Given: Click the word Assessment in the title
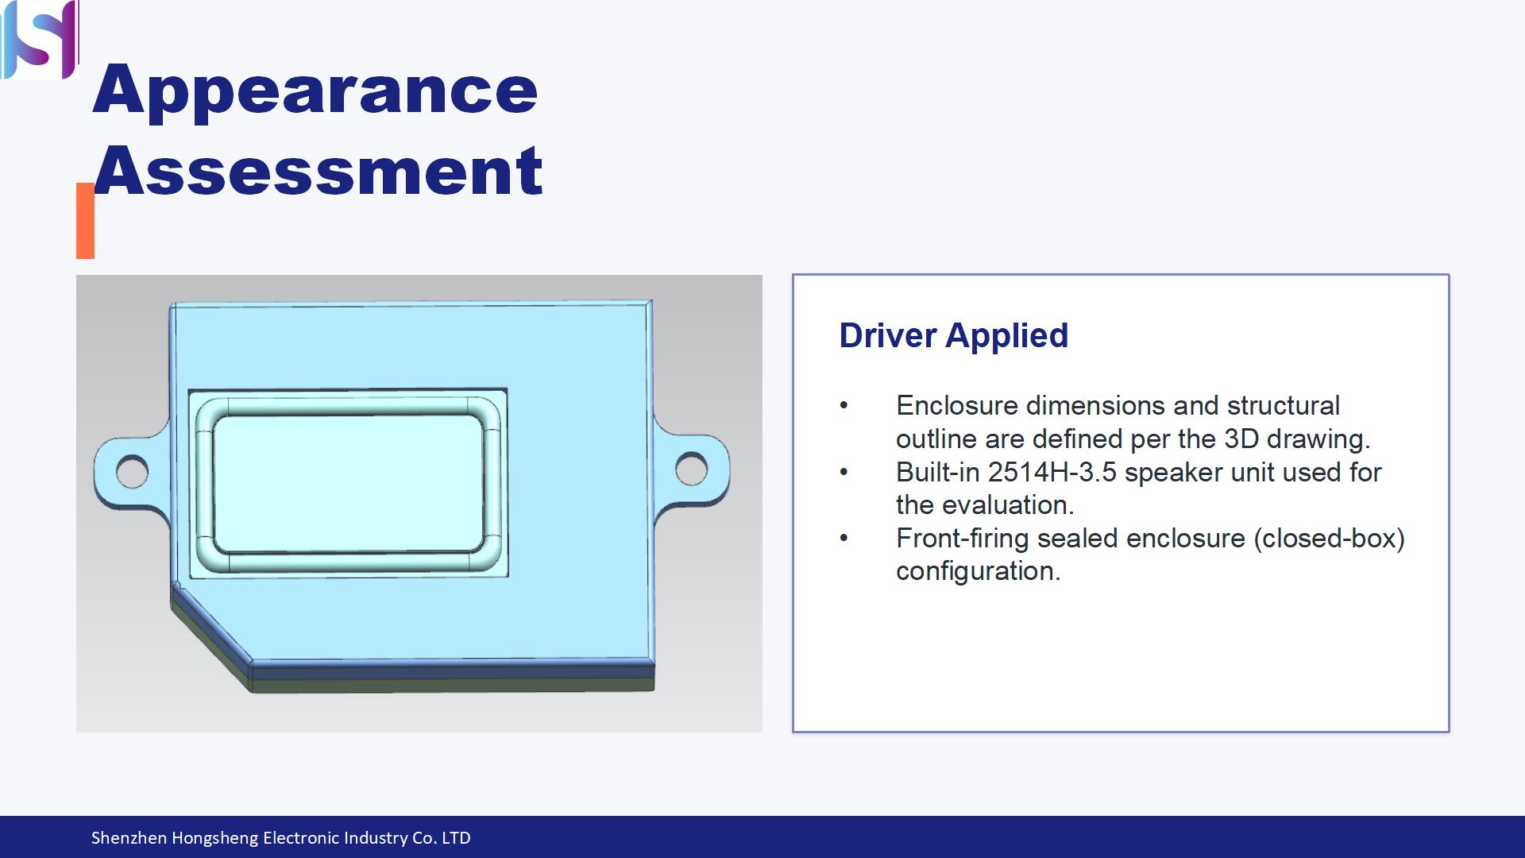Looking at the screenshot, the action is (x=318, y=171).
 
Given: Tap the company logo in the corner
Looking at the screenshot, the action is (x=40, y=39).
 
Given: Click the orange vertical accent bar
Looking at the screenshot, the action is (x=85, y=221).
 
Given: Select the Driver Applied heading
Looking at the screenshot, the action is (x=954, y=336).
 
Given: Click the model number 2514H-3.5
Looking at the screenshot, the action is (x=1052, y=473).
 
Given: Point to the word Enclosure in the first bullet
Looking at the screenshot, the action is (x=957, y=406).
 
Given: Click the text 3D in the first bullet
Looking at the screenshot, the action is (x=1241, y=439).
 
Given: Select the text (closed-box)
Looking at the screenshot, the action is (x=1329, y=539).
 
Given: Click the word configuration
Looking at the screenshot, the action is (x=979, y=572).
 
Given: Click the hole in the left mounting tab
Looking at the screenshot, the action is (x=132, y=472).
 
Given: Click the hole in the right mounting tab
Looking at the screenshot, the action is (x=692, y=470).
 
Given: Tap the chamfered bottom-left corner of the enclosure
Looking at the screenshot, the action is (x=210, y=636).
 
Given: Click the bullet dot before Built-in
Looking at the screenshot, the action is (x=844, y=473).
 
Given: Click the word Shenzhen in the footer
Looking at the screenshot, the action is (x=129, y=838).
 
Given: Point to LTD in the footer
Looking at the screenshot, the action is (x=456, y=838).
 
